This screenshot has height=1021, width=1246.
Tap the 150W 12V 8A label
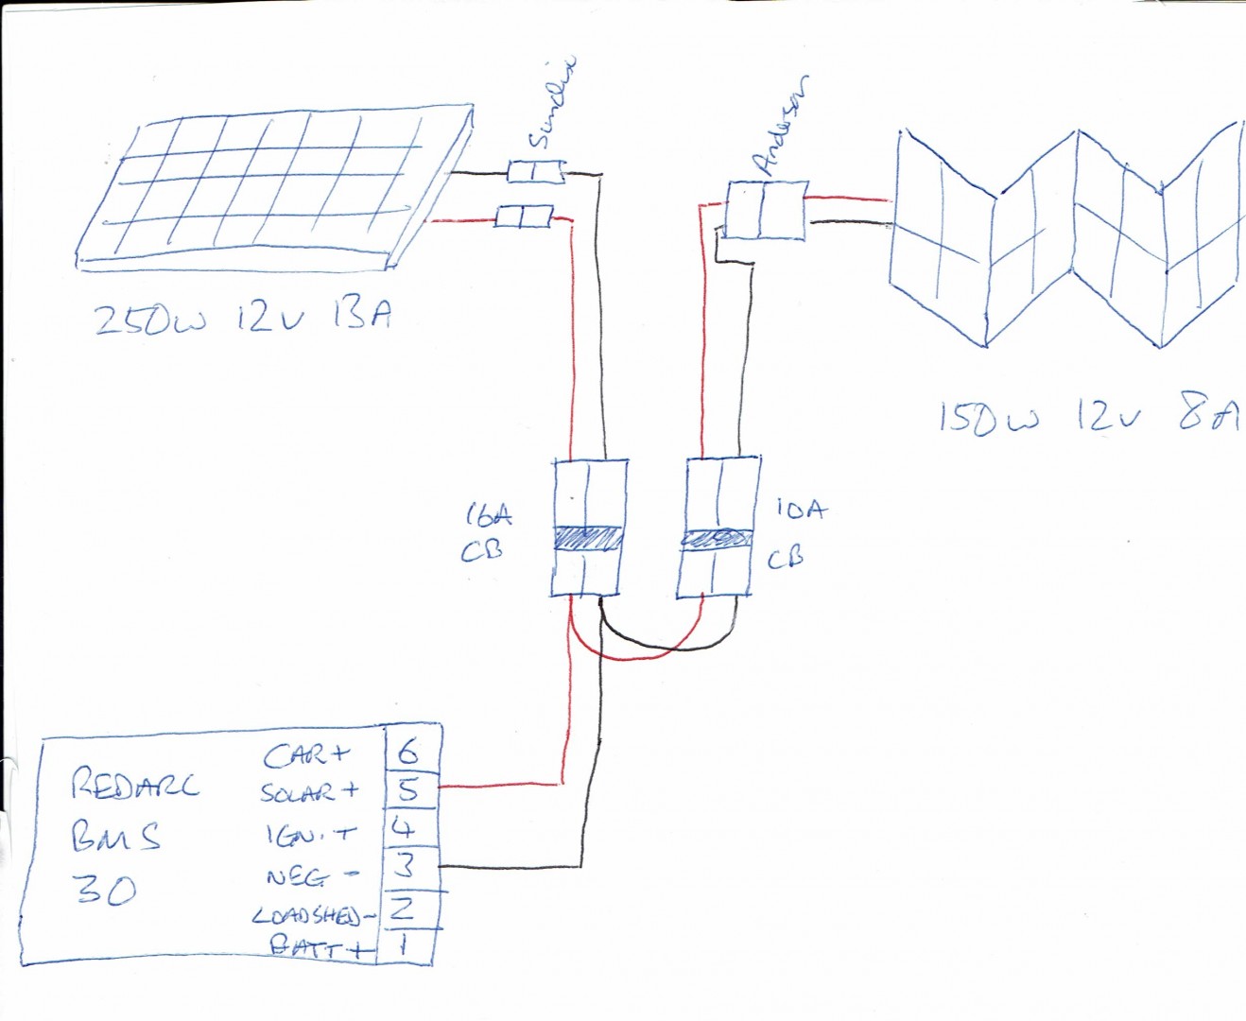pos(1087,416)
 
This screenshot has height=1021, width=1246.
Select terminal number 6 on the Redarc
pos(408,753)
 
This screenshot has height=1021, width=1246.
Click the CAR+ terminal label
pos(306,755)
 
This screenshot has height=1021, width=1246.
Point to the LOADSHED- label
pos(308,916)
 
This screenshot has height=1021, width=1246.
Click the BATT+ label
pos(316,946)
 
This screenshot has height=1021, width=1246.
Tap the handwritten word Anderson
pos(782,126)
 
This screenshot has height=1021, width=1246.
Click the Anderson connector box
pos(767,210)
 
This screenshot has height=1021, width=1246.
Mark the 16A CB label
pos(488,532)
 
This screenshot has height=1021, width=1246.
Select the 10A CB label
pos(795,532)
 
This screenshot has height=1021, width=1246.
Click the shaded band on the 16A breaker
pos(586,539)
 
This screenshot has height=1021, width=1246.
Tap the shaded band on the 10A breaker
pos(716,539)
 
